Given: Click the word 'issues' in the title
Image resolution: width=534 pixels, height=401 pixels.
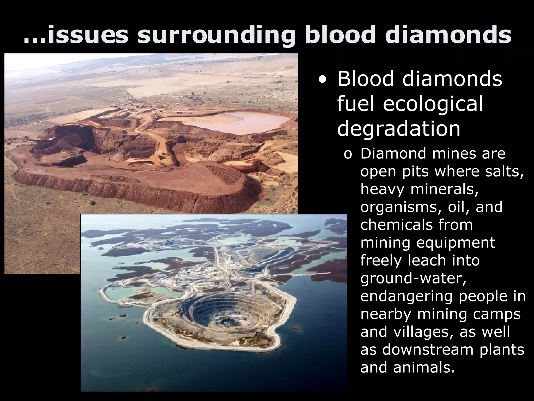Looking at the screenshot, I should coord(88,35).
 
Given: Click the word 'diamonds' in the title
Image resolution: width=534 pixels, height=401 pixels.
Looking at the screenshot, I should coord(448,35).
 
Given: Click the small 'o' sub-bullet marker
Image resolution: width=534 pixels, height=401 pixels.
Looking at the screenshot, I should coord(348,154).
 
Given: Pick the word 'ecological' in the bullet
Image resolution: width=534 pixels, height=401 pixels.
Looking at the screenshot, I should coord(433,104).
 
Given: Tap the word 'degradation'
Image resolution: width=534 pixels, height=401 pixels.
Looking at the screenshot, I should coord(399,128).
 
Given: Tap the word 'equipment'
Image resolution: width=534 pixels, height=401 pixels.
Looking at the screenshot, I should coord(456,243).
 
